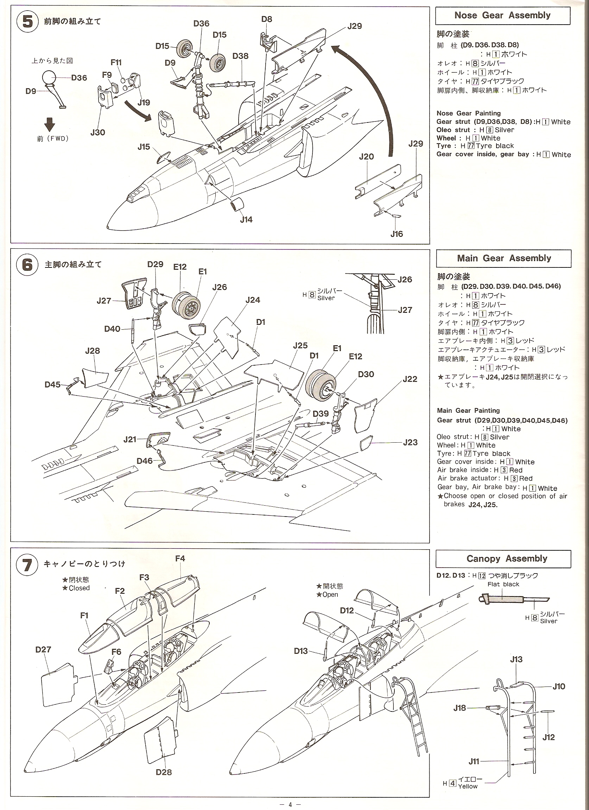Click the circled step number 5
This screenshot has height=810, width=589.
[27, 22]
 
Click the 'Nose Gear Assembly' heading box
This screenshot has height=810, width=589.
[502, 16]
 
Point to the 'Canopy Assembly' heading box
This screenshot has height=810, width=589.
[503, 558]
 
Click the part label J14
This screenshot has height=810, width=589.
[246, 220]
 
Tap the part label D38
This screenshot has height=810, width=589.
[240, 56]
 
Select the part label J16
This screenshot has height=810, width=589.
[397, 234]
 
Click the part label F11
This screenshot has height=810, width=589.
[116, 63]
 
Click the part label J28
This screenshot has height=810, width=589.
[93, 351]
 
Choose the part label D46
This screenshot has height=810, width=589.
[145, 461]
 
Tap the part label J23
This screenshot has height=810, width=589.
[410, 443]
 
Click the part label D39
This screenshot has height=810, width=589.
[321, 413]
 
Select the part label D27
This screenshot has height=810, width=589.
[43, 650]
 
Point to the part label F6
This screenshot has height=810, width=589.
[116, 652]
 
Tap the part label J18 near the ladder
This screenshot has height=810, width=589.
[460, 708]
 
